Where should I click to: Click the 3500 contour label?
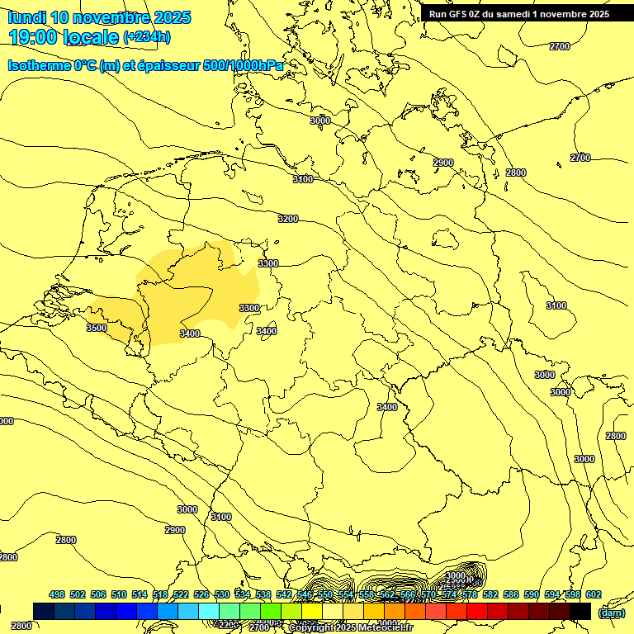(x=97, y=328)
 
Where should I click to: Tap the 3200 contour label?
(x=288, y=219)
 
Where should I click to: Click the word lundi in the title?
(x=26, y=17)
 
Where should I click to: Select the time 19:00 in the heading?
(x=37, y=37)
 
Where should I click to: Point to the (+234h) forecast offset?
(x=147, y=37)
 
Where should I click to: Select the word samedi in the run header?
(x=515, y=13)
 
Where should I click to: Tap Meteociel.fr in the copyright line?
(x=386, y=628)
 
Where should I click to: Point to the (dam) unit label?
(x=611, y=613)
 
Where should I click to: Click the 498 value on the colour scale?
(x=57, y=594)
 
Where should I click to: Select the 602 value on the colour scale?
(x=594, y=594)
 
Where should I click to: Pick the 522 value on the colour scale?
(x=181, y=594)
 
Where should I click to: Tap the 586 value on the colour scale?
(x=511, y=594)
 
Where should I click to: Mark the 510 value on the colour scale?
(x=119, y=594)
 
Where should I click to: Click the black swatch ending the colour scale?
(x=580, y=611)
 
